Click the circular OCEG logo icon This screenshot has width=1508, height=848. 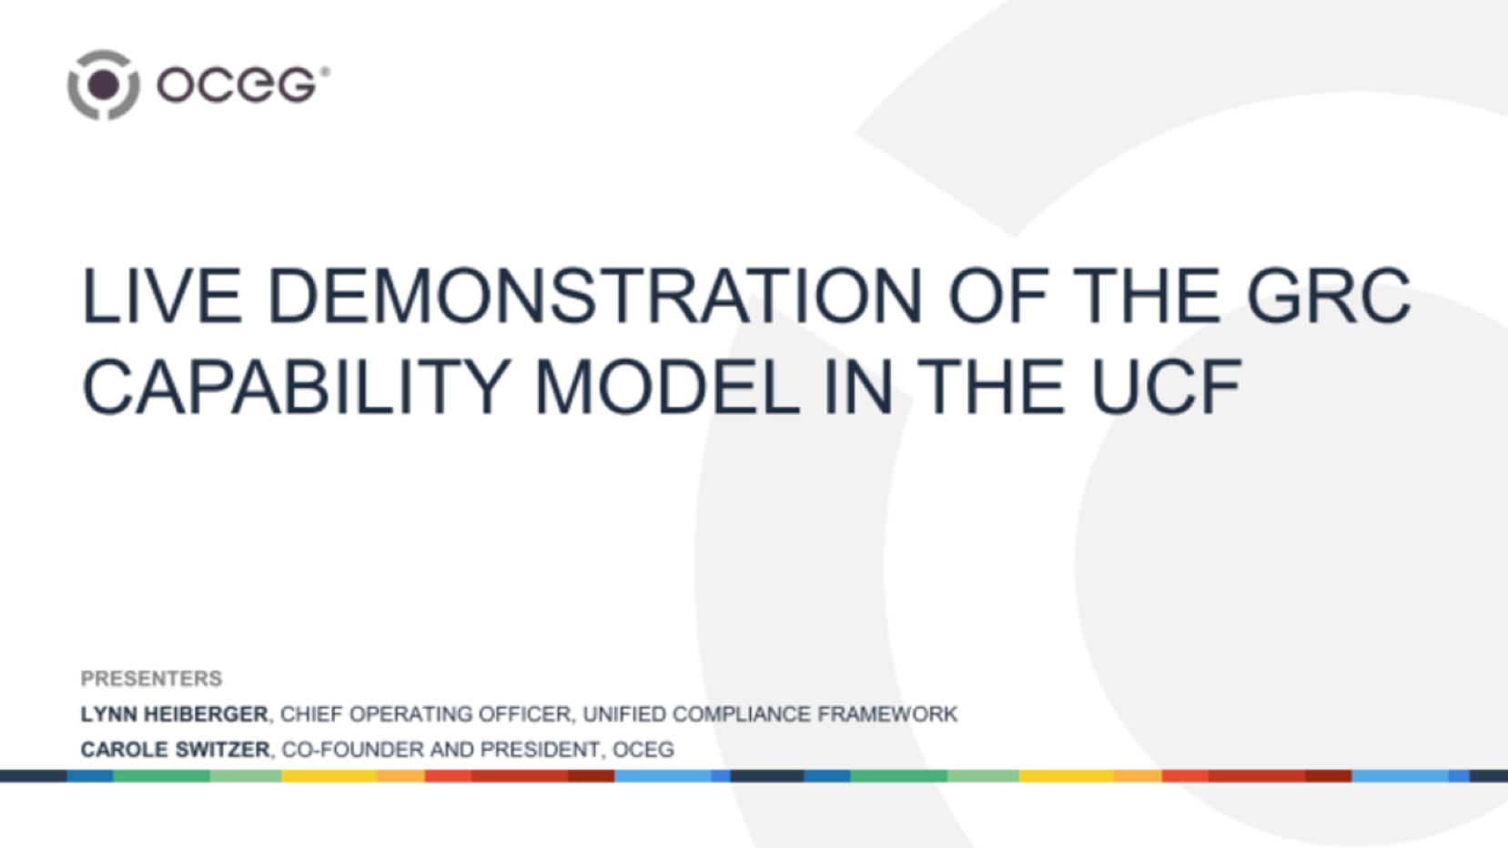[103, 85]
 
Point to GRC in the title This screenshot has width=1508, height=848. [1328, 297]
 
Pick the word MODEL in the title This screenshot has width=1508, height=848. [667, 388]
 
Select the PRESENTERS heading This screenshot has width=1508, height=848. [151, 679]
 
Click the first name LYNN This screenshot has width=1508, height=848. [108, 714]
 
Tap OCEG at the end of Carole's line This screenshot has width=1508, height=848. [643, 750]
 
